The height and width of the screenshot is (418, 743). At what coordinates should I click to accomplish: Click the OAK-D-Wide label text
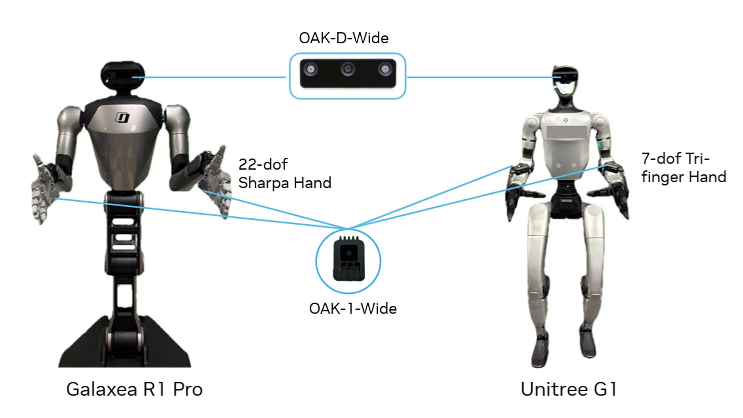[x=344, y=38]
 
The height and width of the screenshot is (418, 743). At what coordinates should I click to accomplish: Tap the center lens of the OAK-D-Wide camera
[x=348, y=69]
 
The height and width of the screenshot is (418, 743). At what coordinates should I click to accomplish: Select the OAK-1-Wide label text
[x=353, y=308]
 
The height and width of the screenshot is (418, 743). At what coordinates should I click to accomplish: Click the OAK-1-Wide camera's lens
[x=349, y=254]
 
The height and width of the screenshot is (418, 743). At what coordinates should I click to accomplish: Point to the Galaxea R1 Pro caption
[x=134, y=389]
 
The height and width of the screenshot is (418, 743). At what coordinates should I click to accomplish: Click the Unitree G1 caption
[x=568, y=389]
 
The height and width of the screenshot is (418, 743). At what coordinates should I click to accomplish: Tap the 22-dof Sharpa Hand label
[x=284, y=173]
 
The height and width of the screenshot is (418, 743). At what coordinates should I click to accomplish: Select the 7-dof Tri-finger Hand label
[x=683, y=168]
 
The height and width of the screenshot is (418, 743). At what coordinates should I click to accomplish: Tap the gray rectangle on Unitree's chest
[x=567, y=132]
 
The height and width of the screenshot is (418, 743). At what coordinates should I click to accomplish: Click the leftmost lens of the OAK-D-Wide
[x=311, y=69]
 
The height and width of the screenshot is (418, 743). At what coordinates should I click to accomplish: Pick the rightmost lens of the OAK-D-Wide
[x=385, y=69]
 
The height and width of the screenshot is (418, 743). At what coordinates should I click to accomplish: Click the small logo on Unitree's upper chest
[x=566, y=120]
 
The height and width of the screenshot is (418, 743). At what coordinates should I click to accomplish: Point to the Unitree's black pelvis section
[x=566, y=203]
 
